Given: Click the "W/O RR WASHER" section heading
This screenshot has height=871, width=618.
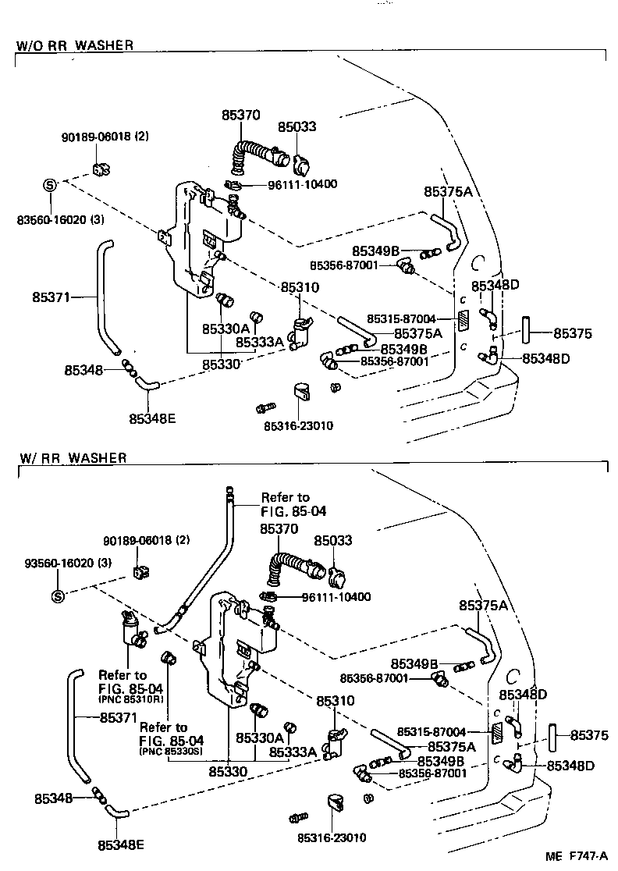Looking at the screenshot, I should click(75, 45).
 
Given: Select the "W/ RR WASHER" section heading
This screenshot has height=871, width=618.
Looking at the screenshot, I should click(71, 458).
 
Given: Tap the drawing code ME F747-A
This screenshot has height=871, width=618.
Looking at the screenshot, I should click(581, 857).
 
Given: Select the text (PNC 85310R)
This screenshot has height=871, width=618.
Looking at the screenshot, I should click(130, 700).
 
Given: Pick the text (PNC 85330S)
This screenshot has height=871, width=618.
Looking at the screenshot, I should click(172, 752).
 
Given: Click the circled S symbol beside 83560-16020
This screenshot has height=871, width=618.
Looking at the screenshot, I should click(49, 185).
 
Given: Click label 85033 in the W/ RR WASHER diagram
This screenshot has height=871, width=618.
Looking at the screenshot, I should click(333, 540).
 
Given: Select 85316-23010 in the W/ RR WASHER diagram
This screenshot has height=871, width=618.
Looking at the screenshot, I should click(331, 837).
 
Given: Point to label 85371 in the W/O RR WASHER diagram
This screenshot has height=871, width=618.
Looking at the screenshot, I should click(51, 297).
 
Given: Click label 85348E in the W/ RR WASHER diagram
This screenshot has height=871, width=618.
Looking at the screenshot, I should click(121, 844).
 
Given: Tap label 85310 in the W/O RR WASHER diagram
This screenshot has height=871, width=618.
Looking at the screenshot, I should click(300, 287).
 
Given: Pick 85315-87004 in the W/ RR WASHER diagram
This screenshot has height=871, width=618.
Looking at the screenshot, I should click(432, 732).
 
